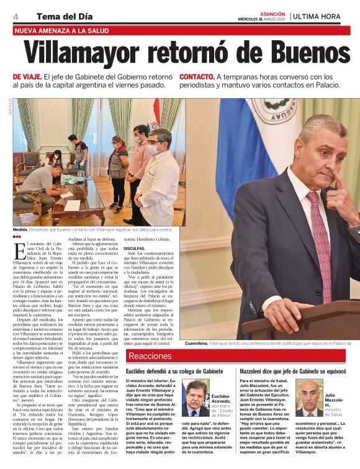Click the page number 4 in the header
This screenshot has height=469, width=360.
click(15, 16)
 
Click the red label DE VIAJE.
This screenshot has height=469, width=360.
click(27, 77)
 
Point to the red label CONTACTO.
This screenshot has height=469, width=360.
click(197, 77)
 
